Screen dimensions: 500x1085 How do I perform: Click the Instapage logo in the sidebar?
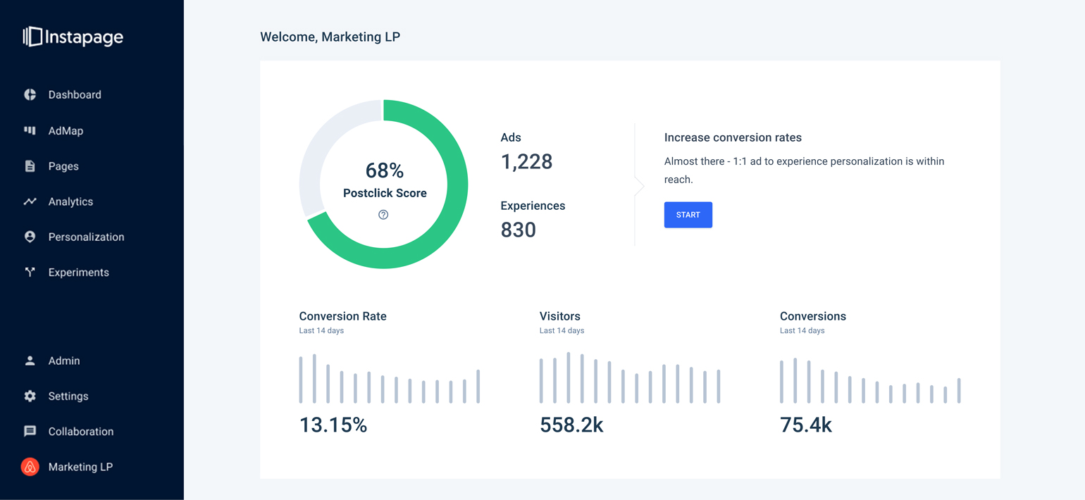pyautogui.click(x=73, y=37)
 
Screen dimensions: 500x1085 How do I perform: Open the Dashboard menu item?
pyautogui.click(x=74, y=95)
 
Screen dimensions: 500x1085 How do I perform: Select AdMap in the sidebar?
pyautogui.click(x=66, y=131)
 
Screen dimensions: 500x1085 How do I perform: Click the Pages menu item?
pyautogui.click(x=63, y=166)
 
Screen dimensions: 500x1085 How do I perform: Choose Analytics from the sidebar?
pyautogui.click(x=70, y=201)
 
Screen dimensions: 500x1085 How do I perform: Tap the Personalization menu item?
pyautogui.click(x=86, y=237)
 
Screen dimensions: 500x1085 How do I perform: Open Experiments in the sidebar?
pyautogui.click(x=78, y=273)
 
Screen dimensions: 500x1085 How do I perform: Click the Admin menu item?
pyautogui.click(x=63, y=361)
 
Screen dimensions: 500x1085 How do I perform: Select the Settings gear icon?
pyautogui.click(x=30, y=396)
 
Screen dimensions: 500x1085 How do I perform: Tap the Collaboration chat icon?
pyautogui.click(x=30, y=431)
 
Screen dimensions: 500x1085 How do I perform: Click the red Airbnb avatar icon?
pyautogui.click(x=30, y=467)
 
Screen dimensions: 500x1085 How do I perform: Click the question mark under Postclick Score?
pyautogui.click(x=383, y=215)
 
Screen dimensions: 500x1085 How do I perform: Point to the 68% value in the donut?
pyautogui.click(x=385, y=170)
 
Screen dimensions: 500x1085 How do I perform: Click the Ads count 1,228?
pyautogui.click(x=526, y=161)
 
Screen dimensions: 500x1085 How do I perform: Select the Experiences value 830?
pyautogui.click(x=518, y=230)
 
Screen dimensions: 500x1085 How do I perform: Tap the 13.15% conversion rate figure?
pyautogui.click(x=333, y=425)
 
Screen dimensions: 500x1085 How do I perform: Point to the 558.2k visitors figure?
pyautogui.click(x=571, y=425)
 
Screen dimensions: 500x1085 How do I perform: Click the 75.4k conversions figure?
pyautogui.click(x=806, y=425)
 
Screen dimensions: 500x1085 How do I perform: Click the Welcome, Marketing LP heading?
pyautogui.click(x=330, y=37)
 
